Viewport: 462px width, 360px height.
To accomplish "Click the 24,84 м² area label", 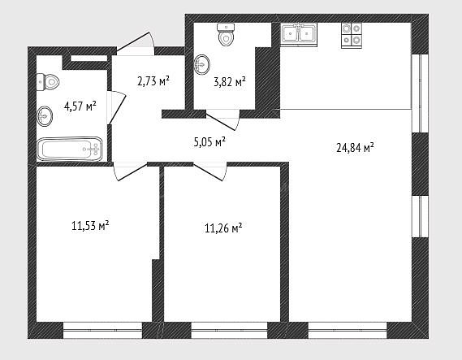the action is click(x=355, y=147).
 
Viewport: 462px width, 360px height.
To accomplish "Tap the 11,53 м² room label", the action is click(x=90, y=226).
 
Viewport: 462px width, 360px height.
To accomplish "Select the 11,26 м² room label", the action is click(x=223, y=228).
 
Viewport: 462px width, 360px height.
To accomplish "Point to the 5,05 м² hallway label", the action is click(x=209, y=142).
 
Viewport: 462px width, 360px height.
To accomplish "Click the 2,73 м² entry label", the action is click(x=153, y=80).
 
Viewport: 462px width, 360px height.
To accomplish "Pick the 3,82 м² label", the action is click(x=230, y=82).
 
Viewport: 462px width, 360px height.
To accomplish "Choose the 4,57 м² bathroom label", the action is click(x=80, y=106).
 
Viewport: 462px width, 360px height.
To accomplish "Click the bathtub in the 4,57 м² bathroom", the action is click(x=70, y=149).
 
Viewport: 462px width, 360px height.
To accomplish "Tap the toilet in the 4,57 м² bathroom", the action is click(x=48, y=82).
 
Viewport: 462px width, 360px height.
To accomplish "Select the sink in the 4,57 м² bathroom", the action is click(x=45, y=116).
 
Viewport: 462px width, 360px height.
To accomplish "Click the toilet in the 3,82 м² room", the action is click(x=226, y=34).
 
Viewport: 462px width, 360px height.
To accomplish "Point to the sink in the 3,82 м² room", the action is click(x=202, y=64).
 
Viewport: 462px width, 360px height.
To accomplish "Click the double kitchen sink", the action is click(x=299, y=34).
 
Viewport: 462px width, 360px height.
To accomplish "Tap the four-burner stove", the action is click(x=352, y=36).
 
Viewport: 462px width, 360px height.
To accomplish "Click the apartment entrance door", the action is click(x=136, y=44).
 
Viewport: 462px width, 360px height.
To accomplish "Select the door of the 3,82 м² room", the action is click(x=222, y=119).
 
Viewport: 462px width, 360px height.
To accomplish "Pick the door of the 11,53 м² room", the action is click(x=130, y=171).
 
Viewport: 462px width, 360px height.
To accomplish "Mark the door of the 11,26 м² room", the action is click(x=209, y=171).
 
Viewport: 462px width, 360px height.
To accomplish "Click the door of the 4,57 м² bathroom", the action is click(x=117, y=107).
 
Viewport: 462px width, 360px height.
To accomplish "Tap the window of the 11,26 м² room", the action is click(x=229, y=330).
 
